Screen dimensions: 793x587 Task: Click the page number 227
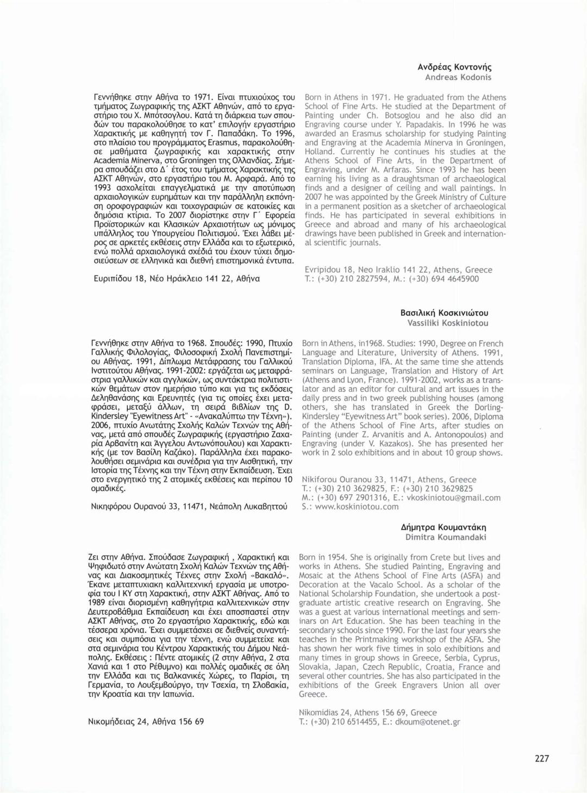tap(541, 758)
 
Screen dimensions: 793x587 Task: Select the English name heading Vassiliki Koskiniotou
tap(448, 323)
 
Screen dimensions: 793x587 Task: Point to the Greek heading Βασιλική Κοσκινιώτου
tap(444, 313)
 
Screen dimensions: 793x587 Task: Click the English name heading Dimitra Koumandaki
tap(446, 537)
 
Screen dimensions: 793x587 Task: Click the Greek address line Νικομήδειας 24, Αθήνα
tap(146, 722)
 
